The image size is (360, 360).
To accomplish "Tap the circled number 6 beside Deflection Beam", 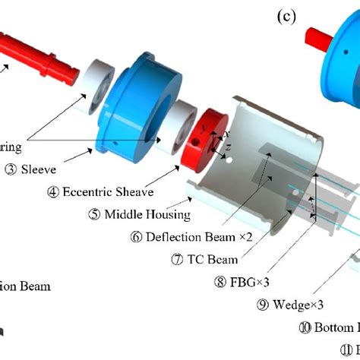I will (136, 236).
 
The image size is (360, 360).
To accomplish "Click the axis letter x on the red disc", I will (226, 134).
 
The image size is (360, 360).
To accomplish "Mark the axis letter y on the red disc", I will (203, 129).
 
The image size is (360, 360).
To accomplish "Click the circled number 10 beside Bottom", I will (304, 328).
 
